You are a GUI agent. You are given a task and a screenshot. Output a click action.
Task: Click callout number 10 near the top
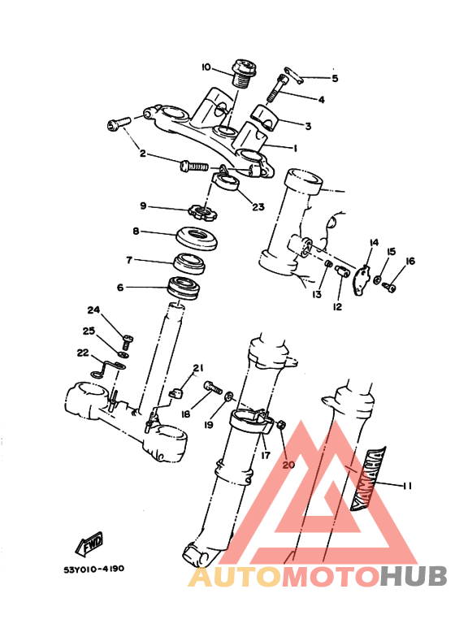206,67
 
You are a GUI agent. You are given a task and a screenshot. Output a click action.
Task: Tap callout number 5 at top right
333,78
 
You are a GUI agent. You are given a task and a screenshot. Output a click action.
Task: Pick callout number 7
128,261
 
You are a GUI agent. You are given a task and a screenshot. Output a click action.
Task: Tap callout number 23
258,207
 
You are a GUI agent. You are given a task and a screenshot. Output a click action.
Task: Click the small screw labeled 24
127,336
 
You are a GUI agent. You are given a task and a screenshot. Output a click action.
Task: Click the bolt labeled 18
213,389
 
